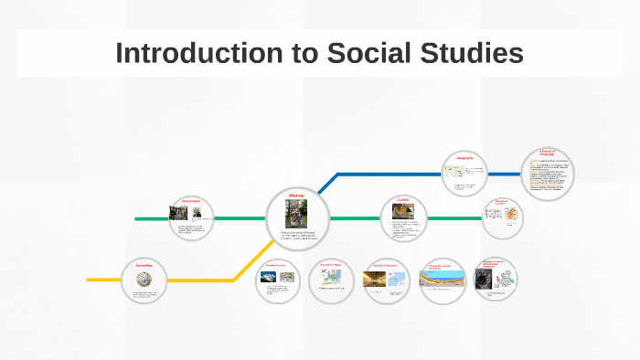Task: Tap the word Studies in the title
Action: [x=471, y=53]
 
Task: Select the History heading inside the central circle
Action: [x=295, y=196]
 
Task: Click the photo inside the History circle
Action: [x=295, y=214]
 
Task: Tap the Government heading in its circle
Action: [x=190, y=201]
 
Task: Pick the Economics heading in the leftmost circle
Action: [x=144, y=264]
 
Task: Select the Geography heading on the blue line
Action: [x=464, y=157]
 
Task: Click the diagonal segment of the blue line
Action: [x=322, y=188]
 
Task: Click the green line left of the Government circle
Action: [x=151, y=219]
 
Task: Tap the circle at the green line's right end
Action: [x=503, y=218]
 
